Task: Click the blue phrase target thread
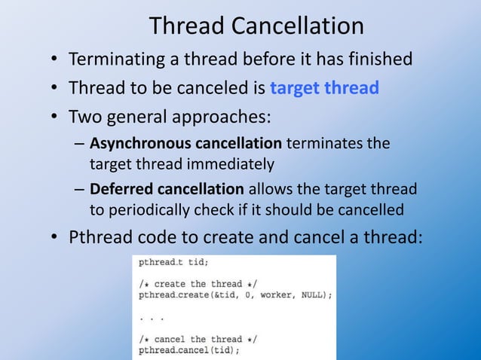(x=324, y=88)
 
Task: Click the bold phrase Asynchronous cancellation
(x=185, y=145)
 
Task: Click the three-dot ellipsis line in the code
(x=152, y=317)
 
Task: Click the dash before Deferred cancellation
(x=79, y=190)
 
